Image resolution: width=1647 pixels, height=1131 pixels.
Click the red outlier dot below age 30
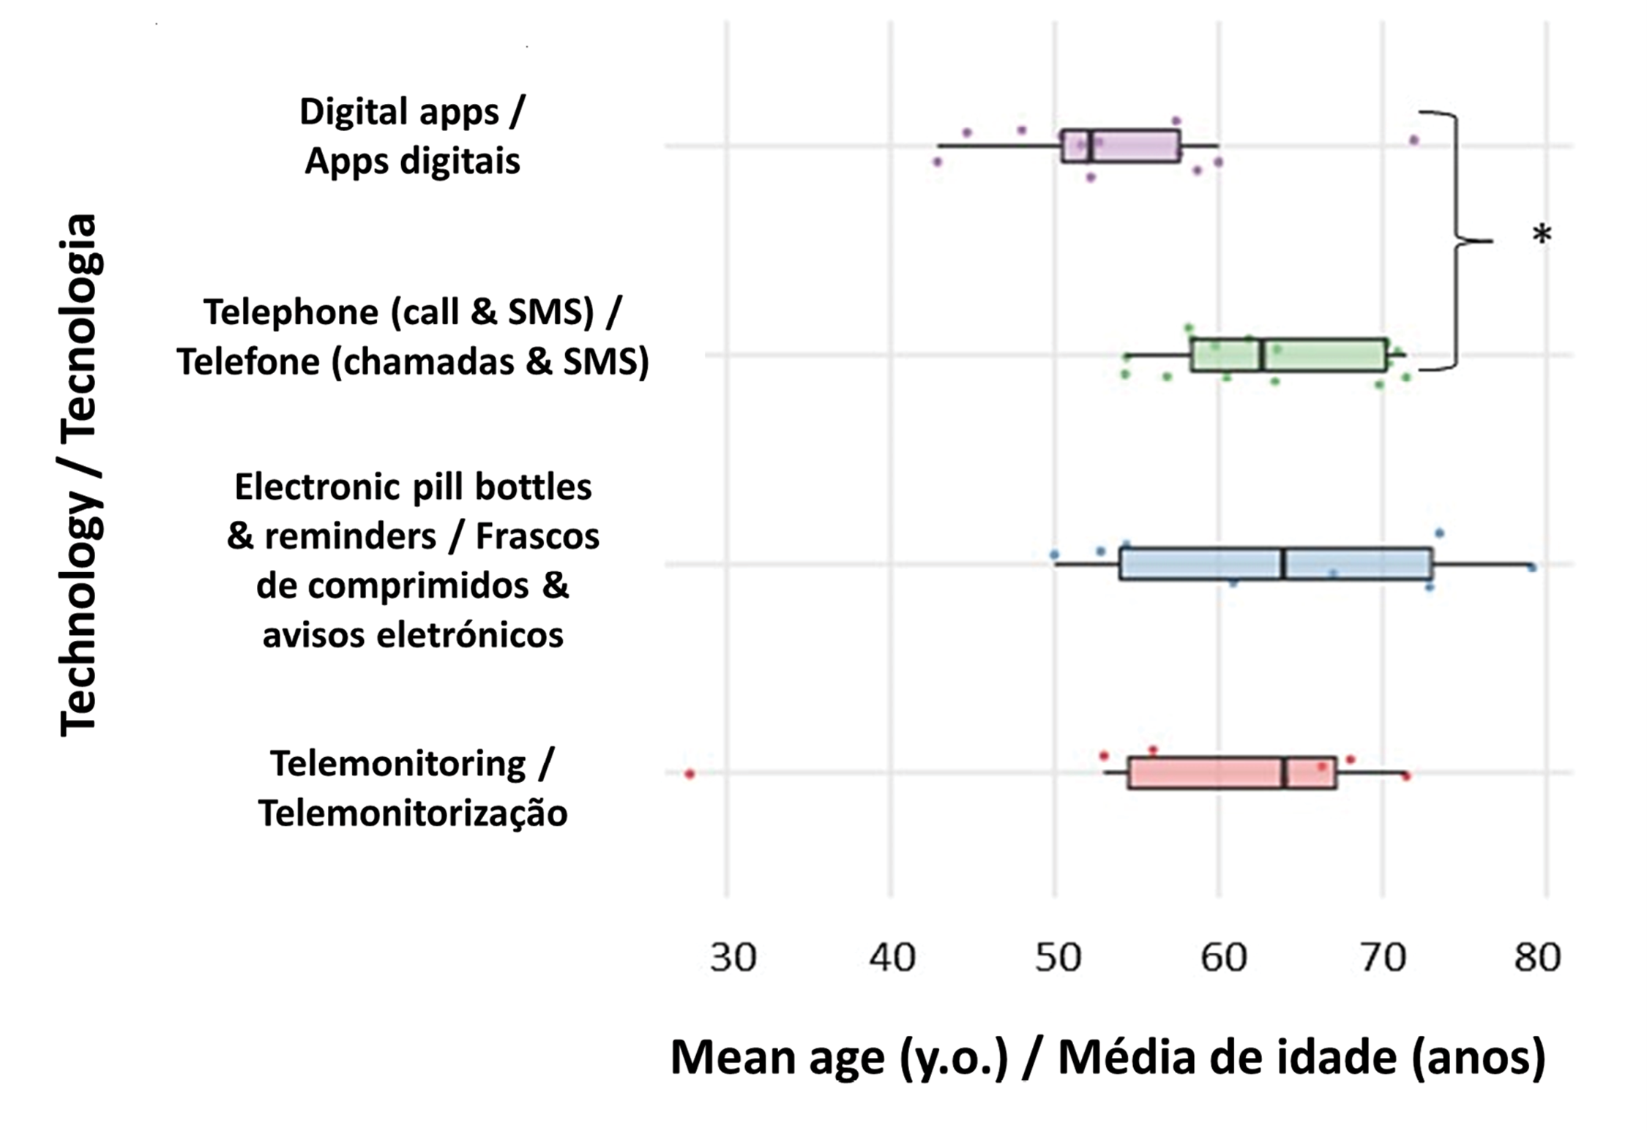tap(689, 773)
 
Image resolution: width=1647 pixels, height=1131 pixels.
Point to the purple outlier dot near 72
tap(1413, 140)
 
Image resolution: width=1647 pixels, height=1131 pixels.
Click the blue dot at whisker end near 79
tap(1531, 567)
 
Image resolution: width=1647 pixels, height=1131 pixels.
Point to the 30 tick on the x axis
tap(732, 957)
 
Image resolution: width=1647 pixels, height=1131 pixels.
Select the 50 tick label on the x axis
tap(1058, 957)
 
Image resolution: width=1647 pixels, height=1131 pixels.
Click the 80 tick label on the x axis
tap(1537, 957)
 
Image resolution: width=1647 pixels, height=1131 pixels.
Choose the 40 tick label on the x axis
tap(892, 957)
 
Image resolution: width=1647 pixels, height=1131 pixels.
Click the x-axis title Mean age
tap(1107, 1058)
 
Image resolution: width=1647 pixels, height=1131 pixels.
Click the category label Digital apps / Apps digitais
tap(412, 136)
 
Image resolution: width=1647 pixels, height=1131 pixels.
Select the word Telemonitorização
tap(413, 814)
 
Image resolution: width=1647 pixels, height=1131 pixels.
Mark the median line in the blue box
tap(1283, 564)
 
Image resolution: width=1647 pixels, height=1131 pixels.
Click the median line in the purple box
tap(1091, 146)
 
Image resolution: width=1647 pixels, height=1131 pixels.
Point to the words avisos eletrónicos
tap(413, 635)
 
